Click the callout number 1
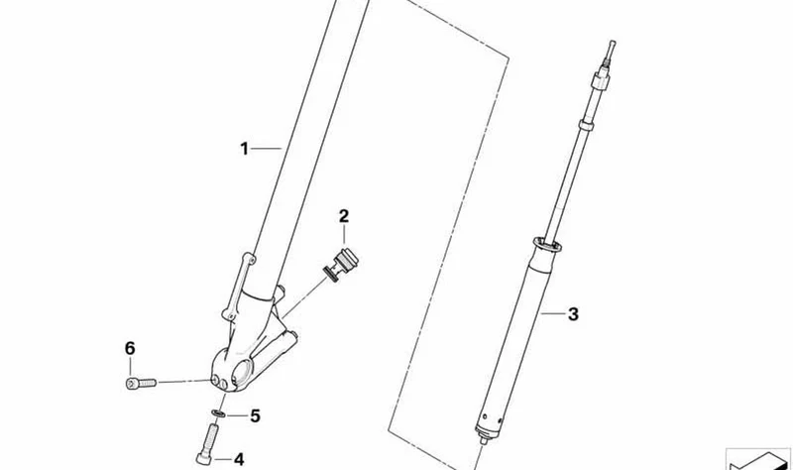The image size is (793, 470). pos(244,149)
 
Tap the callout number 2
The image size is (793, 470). pos(344,216)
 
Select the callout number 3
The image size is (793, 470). pos(573,314)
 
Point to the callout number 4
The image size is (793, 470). pos(239,459)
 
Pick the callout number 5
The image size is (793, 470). pos(256,415)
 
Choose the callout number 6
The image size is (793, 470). pos(130,349)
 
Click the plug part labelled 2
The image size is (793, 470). pos(341,264)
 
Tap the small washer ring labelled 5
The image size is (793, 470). pos(218,413)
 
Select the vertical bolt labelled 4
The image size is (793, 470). pos(207,443)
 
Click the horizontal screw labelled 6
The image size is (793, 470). pos(141,384)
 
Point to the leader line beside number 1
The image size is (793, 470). pos(267,149)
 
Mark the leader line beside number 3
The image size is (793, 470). pos(552,314)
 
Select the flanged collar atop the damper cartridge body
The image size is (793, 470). pos(547,245)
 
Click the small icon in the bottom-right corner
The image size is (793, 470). pos(758,459)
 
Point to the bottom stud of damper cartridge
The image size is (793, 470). pos(484,440)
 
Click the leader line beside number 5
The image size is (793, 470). pos(237,415)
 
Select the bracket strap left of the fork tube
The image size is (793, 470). pos(238,287)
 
